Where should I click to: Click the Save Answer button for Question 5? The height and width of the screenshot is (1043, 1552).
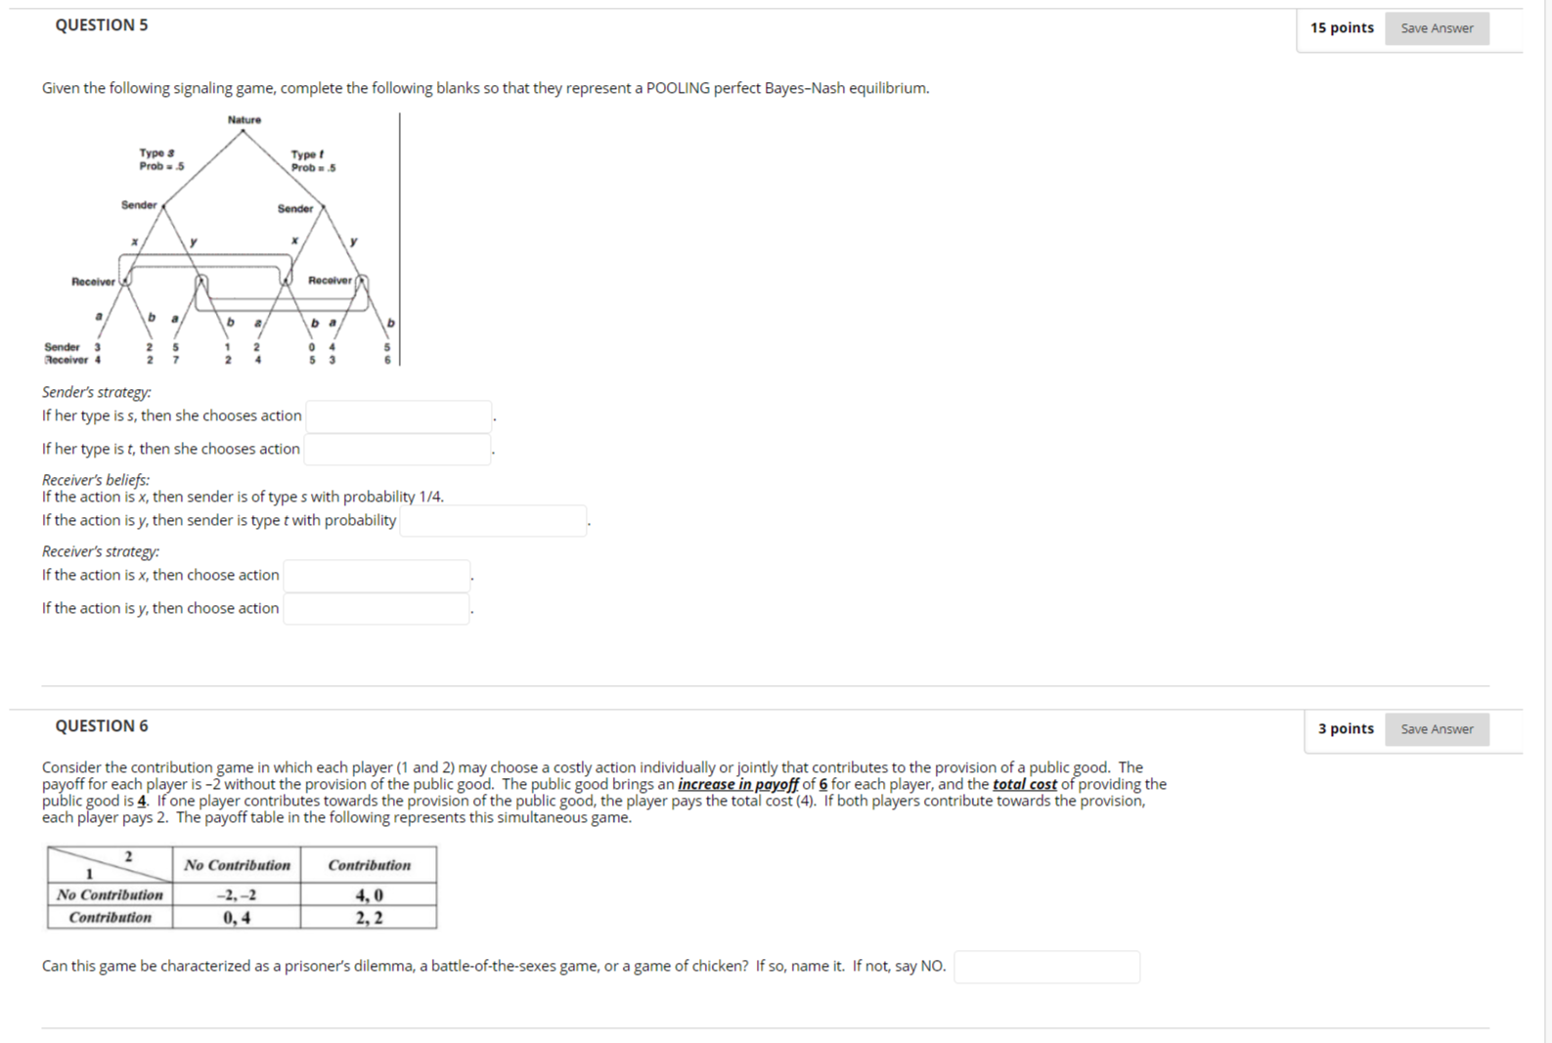click(x=1436, y=28)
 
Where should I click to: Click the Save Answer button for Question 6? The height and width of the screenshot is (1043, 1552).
click(x=1436, y=729)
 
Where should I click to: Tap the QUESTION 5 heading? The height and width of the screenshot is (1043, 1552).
click(x=102, y=25)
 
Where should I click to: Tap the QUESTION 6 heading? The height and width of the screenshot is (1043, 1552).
click(x=102, y=726)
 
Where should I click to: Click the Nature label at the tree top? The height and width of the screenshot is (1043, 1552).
click(x=244, y=120)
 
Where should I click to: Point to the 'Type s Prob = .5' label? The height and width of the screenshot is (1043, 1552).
click(x=160, y=159)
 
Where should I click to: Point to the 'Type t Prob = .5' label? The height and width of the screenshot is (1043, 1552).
click(x=312, y=161)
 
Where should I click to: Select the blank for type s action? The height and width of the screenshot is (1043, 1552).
click(x=398, y=416)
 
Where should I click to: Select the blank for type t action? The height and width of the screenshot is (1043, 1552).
click(x=396, y=450)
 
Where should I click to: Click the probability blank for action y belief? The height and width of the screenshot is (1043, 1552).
click(x=493, y=521)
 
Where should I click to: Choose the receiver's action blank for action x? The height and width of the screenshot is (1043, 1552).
click(x=376, y=576)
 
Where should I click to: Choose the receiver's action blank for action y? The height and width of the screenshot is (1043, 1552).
click(x=376, y=609)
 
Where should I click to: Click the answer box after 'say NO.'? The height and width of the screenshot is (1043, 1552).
click(x=1045, y=967)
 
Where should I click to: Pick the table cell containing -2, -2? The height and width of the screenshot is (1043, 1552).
click(x=237, y=895)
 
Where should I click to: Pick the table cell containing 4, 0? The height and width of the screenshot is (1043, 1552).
click(x=369, y=895)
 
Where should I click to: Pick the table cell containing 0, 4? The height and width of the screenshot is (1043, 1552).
click(x=237, y=918)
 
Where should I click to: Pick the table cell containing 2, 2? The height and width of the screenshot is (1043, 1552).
click(x=369, y=918)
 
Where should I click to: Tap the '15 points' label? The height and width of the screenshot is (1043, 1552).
click(x=1342, y=28)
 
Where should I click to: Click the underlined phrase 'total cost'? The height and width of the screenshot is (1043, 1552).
click(x=1024, y=784)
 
